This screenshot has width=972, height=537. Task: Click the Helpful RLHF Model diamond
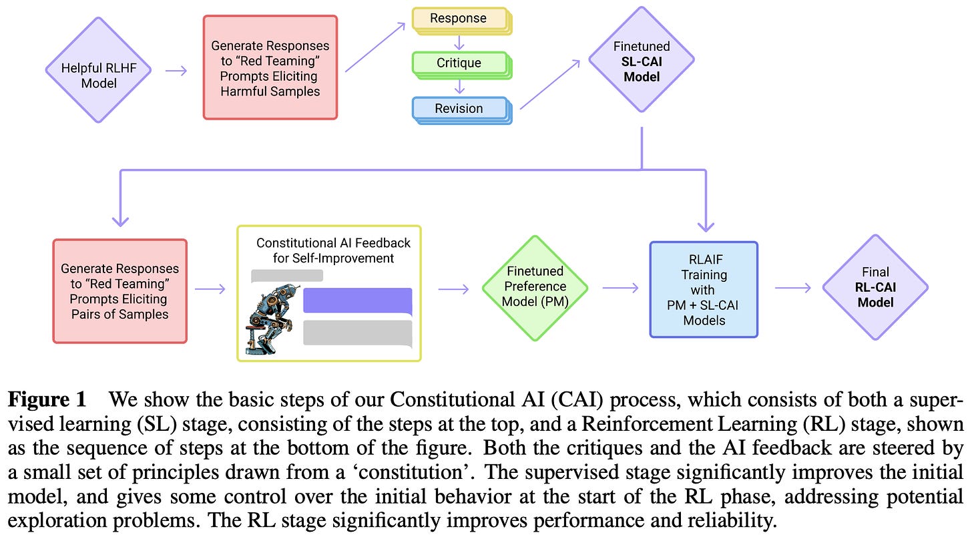point(98,70)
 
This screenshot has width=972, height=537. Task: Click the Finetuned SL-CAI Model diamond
point(641,61)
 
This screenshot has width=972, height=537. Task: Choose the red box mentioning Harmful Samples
point(270,67)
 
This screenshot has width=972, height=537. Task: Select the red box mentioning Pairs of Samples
point(120,291)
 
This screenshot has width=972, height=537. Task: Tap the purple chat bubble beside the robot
point(357,301)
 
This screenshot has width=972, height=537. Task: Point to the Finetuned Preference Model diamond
point(535,288)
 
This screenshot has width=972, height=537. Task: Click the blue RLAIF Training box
point(704,289)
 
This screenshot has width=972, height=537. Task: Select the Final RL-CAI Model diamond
point(875,287)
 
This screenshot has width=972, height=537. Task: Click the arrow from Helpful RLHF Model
point(176,71)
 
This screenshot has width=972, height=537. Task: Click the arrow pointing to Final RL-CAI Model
point(792,288)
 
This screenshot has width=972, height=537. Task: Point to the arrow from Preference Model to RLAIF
point(621,288)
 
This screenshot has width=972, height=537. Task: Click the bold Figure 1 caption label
point(47,401)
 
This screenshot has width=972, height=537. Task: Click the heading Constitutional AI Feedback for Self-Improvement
point(333,250)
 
